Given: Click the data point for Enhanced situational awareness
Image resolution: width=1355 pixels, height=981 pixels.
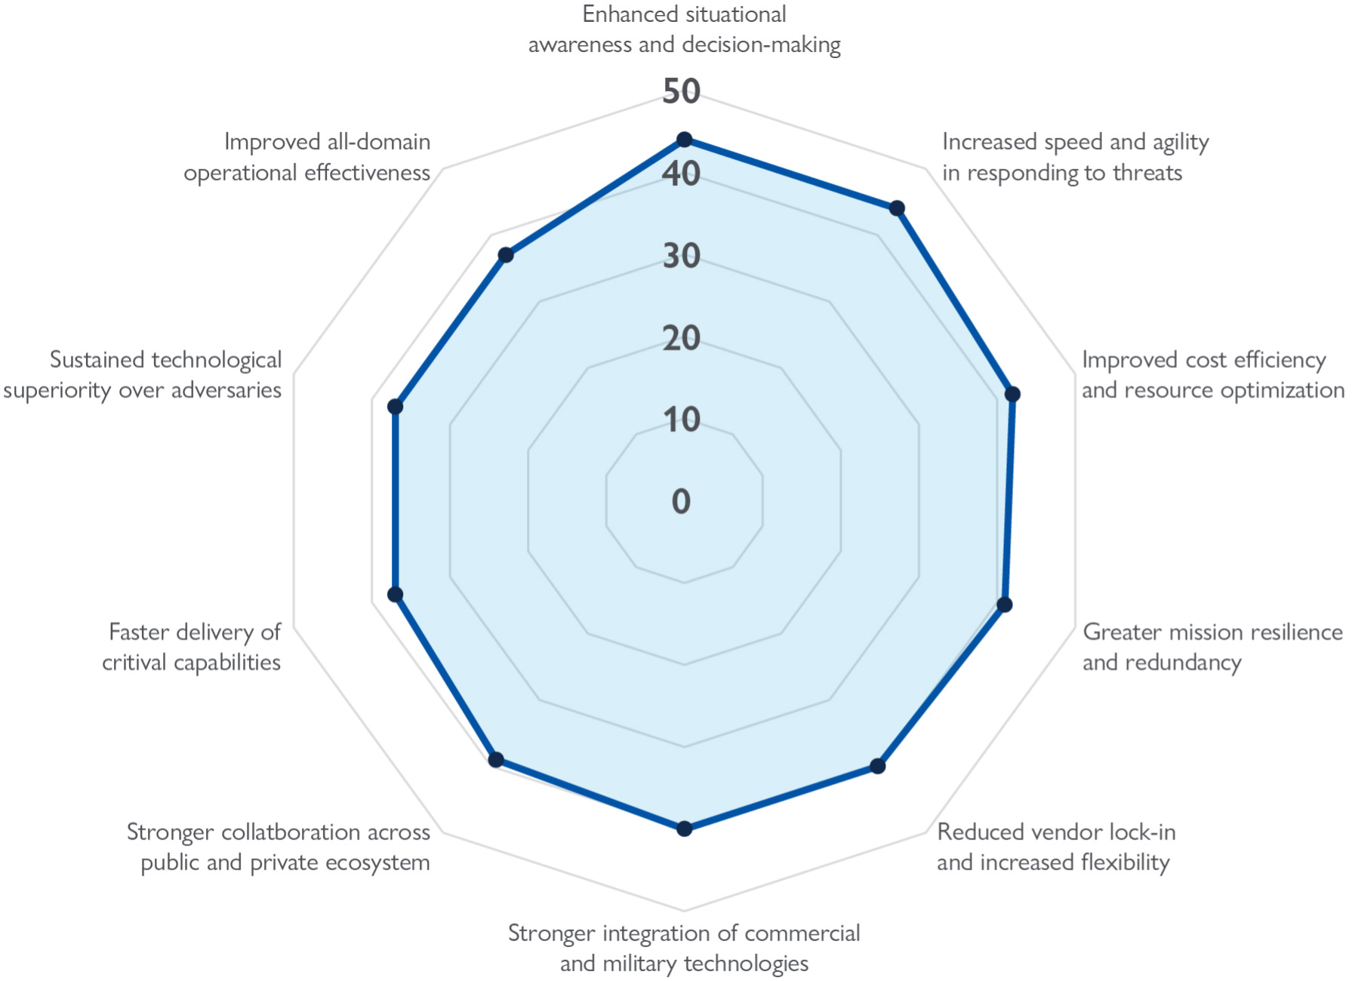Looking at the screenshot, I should click(684, 140).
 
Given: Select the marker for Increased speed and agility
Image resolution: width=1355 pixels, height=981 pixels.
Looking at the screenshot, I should click(897, 208).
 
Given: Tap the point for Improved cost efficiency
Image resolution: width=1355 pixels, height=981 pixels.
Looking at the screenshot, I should click(1013, 394).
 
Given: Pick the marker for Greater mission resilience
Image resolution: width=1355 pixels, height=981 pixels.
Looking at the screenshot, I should click(1004, 604).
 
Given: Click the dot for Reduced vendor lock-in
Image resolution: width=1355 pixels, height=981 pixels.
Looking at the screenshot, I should click(877, 766).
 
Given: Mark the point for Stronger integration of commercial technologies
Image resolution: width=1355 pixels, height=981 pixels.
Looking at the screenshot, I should click(684, 829).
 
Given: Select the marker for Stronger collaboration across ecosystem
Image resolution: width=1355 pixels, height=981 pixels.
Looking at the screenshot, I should click(496, 759).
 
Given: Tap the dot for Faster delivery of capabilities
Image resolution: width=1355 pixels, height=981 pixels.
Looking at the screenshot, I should click(395, 595).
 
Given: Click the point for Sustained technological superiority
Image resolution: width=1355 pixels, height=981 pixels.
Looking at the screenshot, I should click(395, 407).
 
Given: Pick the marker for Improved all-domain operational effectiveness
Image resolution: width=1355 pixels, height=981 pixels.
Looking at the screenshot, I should click(506, 255).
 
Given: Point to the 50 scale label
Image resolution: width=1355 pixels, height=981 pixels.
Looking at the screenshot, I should click(681, 91).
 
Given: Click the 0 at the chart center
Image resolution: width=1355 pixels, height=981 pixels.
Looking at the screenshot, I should click(681, 501).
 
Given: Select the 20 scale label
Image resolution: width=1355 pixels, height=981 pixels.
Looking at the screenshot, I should click(681, 338).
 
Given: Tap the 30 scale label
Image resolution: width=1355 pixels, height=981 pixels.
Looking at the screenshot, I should click(681, 256).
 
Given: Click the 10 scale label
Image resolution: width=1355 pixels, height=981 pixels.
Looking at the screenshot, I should click(681, 420).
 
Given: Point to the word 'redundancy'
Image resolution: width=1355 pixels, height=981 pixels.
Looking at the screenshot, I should click(1200, 663).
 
